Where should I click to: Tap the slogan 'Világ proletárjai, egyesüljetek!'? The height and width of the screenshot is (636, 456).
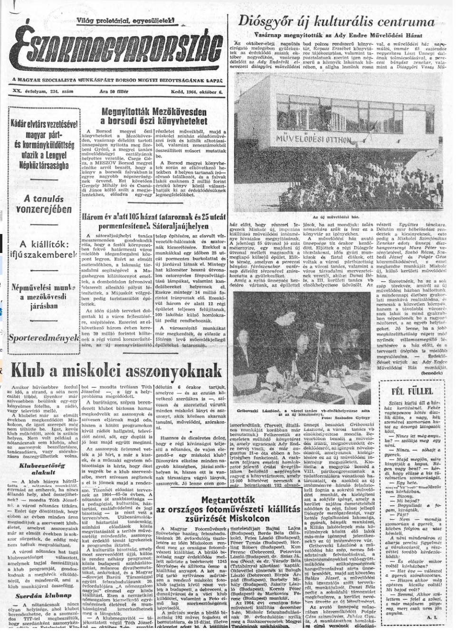tap(125, 21)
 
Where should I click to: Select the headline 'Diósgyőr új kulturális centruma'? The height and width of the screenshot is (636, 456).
tap(336, 22)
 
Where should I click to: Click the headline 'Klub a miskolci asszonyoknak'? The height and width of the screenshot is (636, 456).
tap(116, 371)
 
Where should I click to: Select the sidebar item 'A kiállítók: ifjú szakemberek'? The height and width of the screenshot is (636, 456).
tap(43, 250)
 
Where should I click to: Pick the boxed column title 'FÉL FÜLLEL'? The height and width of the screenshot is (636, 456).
tap(412, 391)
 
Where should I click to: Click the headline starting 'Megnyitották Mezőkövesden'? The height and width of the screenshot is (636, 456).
tap(154, 116)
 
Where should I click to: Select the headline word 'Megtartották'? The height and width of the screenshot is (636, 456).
tap(228, 500)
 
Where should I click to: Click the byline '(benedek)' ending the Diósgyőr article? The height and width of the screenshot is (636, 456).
tap(431, 373)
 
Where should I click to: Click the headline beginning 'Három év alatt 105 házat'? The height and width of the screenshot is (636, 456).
tap(154, 221)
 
